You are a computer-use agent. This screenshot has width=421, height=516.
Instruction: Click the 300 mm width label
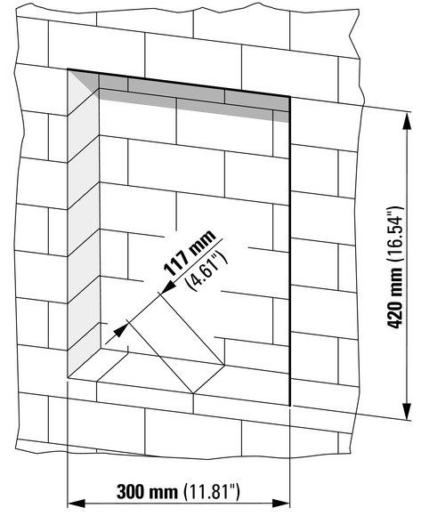tap(147, 492)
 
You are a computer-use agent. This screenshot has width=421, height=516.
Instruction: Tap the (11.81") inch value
tap(211, 492)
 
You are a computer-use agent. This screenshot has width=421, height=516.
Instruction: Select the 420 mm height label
tap(394, 297)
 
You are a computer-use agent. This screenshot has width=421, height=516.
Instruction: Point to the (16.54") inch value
tap(394, 234)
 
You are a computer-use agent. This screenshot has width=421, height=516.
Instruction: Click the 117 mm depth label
tap(190, 253)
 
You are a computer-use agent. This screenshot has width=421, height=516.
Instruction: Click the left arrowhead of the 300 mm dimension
tap(76, 504)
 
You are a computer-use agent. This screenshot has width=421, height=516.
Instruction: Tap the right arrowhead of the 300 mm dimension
tap(281, 504)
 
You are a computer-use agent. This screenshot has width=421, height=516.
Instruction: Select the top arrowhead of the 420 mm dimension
tap(408, 123)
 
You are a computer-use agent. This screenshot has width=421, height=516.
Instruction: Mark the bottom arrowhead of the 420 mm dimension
tap(408, 410)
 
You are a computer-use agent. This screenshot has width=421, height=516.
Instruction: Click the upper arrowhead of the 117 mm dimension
tap(169, 286)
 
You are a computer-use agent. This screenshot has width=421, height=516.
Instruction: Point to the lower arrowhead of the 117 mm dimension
tap(121, 329)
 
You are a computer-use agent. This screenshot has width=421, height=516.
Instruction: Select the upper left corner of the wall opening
tap(68, 69)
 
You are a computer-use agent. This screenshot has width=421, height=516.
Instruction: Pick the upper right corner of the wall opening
tap(289, 96)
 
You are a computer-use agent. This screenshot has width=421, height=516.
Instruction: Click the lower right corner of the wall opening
tap(289, 406)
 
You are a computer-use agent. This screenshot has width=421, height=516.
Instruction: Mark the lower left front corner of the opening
tap(68, 377)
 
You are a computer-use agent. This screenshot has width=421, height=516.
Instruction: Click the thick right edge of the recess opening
tap(289, 251)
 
